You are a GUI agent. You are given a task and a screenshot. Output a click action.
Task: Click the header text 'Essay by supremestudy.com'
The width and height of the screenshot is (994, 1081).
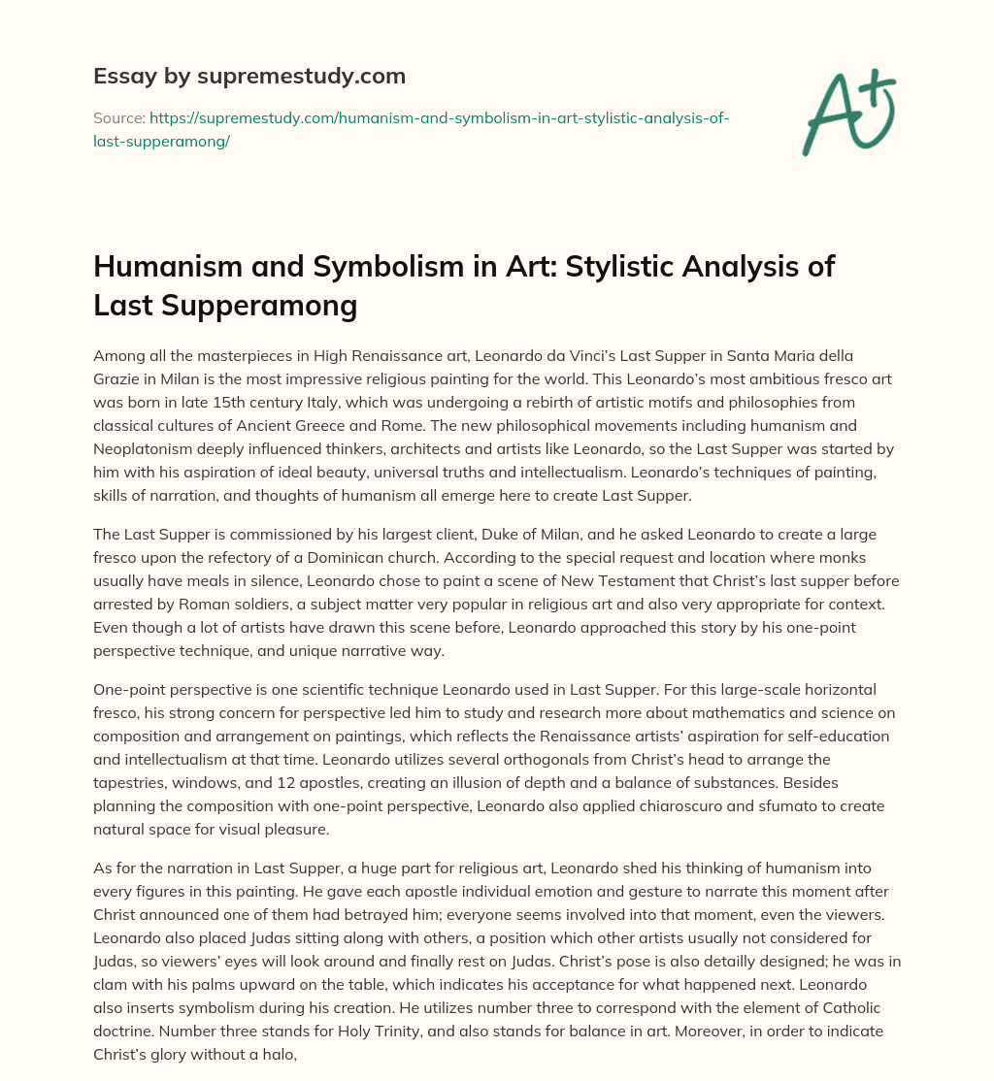pos(248,76)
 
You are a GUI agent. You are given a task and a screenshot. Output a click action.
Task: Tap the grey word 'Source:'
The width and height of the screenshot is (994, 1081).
pos(117,118)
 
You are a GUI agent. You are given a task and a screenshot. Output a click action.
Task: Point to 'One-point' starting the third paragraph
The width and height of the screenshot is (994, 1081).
pos(132,689)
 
